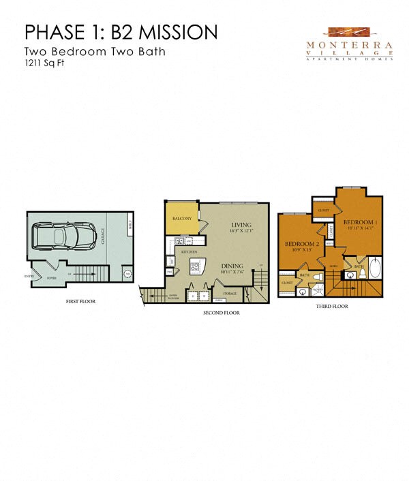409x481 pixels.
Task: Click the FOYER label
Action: [50, 278]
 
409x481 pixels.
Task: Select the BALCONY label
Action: [181, 219]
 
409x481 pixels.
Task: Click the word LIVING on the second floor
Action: [242, 224]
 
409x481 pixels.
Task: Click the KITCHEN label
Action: [190, 252]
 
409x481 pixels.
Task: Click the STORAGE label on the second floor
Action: [230, 294]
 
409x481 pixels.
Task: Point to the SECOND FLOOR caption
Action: [222, 313]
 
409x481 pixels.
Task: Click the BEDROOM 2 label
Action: [301, 243]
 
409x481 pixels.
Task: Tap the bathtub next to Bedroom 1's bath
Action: [375, 268]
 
